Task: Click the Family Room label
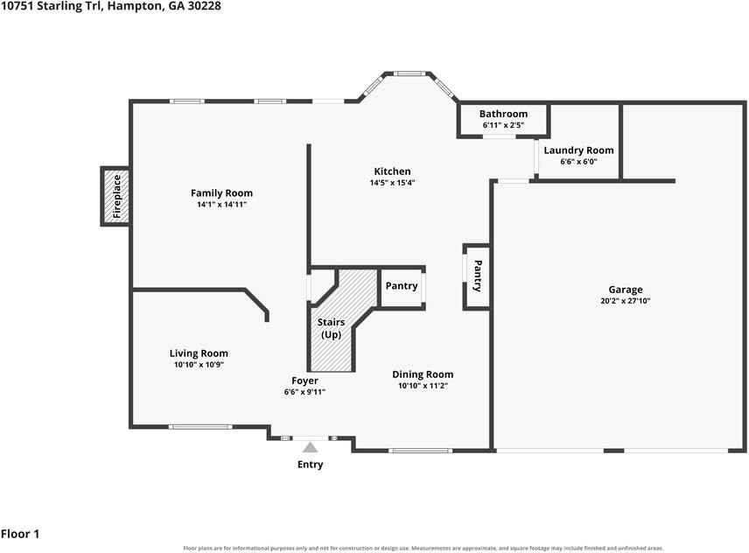click(x=221, y=192)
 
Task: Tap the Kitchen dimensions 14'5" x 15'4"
click(x=392, y=182)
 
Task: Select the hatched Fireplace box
click(x=115, y=196)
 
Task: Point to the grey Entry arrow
click(x=310, y=447)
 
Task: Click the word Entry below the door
click(x=310, y=464)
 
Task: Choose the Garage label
click(x=626, y=290)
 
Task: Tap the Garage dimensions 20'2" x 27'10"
click(x=626, y=301)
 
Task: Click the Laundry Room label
click(x=578, y=150)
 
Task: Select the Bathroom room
click(x=503, y=119)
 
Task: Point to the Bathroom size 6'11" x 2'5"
click(x=503, y=125)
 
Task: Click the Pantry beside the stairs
click(x=402, y=288)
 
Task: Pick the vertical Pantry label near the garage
click(x=477, y=276)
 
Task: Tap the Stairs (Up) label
click(x=331, y=328)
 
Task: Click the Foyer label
click(x=304, y=381)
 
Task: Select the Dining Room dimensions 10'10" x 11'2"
click(x=423, y=386)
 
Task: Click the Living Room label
click(x=199, y=353)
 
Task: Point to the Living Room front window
click(x=200, y=427)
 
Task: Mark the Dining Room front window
click(x=420, y=451)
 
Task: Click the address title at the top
click(x=111, y=6)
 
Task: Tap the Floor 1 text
click(x=20, y=534)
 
